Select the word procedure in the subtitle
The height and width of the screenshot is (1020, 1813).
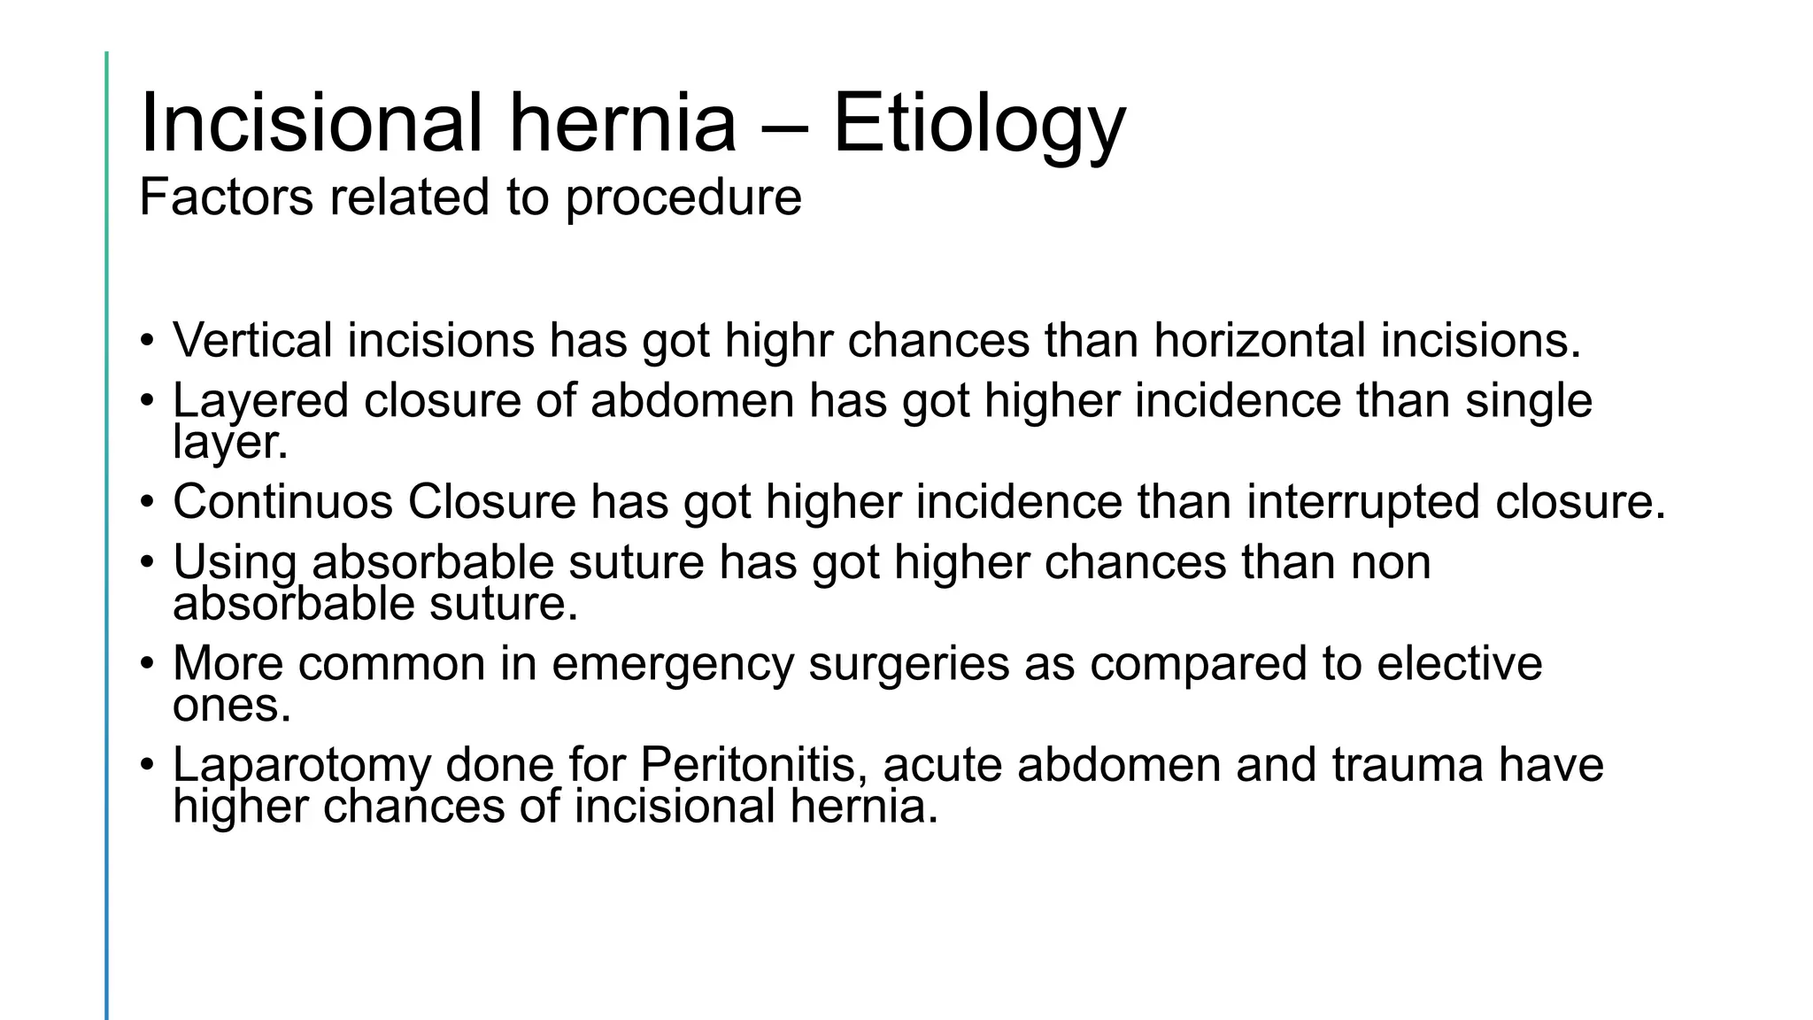coord(683,197)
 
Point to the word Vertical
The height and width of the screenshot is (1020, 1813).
coord(252,340)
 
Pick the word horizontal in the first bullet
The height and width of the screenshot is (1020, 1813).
coord(1260,340)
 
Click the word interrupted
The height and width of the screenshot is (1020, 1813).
coord(1363,502)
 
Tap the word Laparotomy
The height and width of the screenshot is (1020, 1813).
coord(301,766)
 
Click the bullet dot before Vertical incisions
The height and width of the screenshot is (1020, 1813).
coord(147,342)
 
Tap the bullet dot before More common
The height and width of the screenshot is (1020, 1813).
coord(147,665)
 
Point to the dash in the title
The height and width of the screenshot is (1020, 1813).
coord(784,126)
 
